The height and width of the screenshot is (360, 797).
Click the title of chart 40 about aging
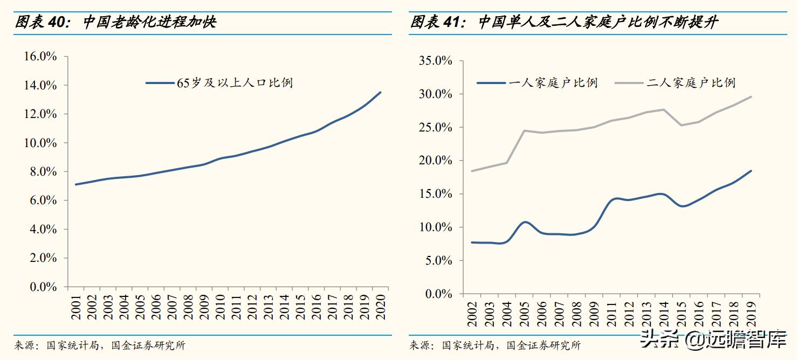[115, 22]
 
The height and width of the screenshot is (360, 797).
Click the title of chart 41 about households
[564, 22]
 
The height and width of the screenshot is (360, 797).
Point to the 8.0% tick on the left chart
[40, 171]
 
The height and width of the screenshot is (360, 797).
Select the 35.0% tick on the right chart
[435, 61]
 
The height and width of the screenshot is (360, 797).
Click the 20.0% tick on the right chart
[435, 161]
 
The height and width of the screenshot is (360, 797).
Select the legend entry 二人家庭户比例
[691, 83]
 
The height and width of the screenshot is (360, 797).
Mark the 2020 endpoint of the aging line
[381, 92]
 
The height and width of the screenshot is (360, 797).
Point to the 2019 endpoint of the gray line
[751, 97]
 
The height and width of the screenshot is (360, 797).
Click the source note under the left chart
[100, 345]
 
